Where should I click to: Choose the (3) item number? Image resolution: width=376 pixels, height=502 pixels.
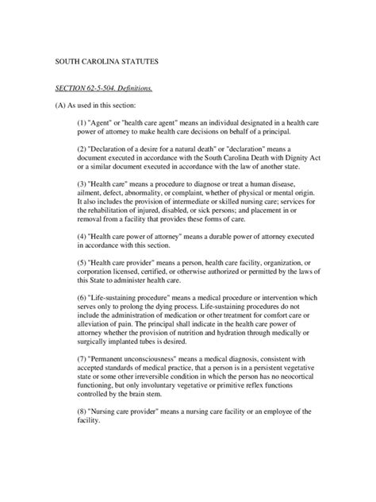[x=81, y=182]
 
